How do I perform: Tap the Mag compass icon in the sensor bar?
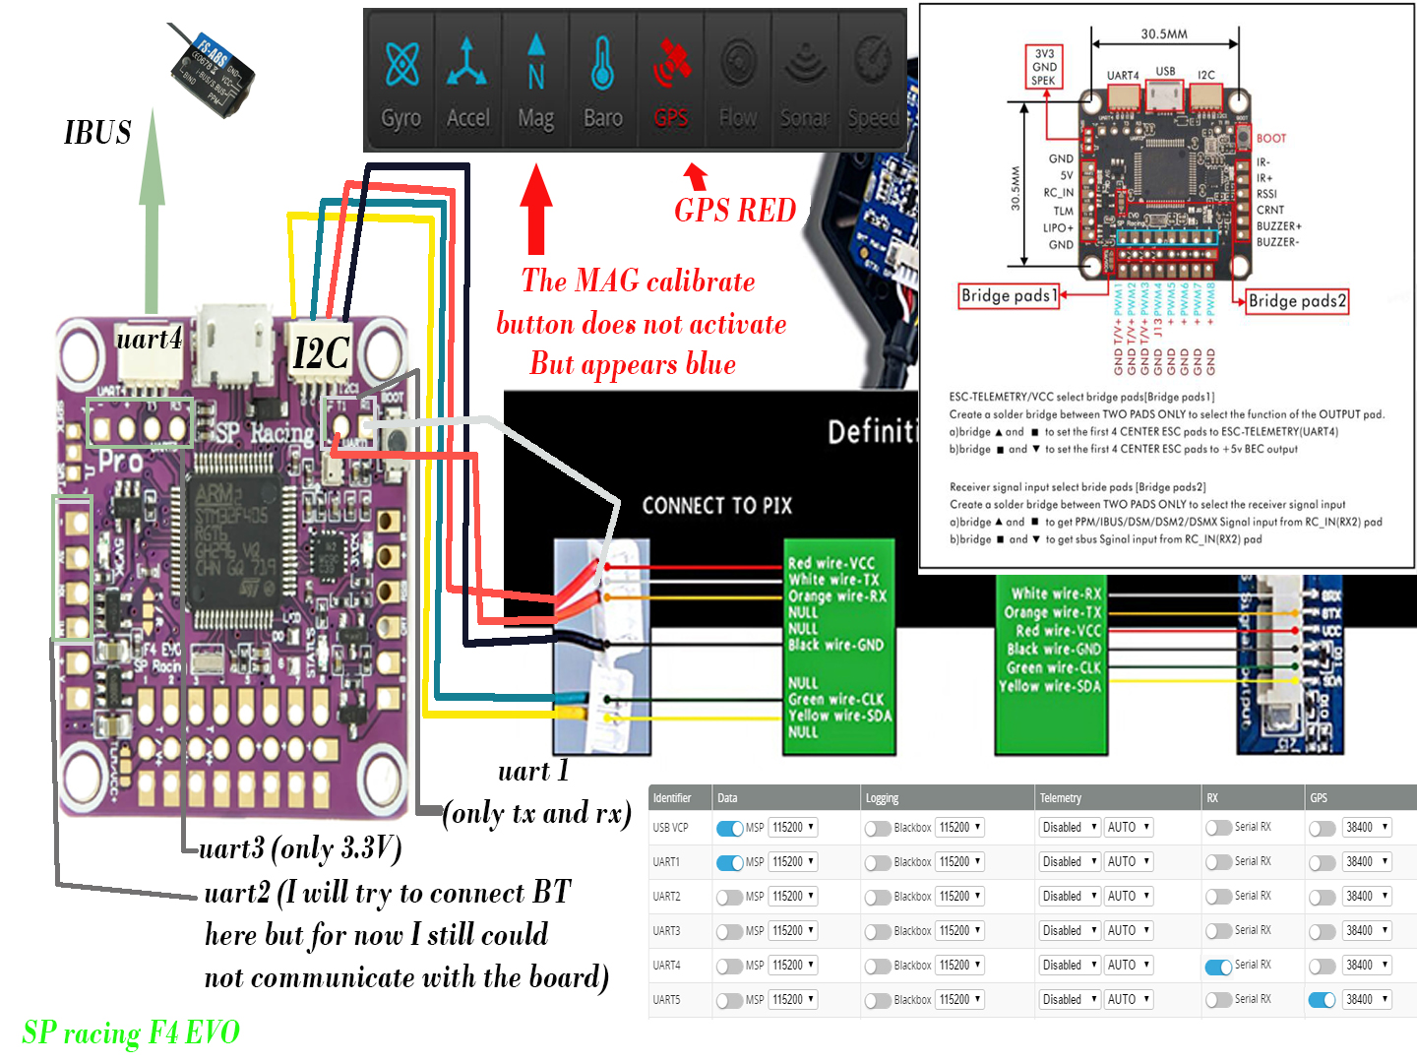click(535, 64)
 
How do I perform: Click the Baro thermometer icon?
click(602, 64)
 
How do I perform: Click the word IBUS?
click(97, 133)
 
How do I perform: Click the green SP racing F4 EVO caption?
click(131, 1032)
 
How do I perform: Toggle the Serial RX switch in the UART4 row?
click(1219, 966)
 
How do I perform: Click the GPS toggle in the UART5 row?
click(1322, 1000)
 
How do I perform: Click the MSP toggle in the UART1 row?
click(729, 862)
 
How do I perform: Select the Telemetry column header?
click(1060, 797)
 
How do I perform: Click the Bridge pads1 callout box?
click(1009, 295)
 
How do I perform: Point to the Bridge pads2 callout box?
click(1296, 300)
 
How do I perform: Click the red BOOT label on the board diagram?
click(1270, 139)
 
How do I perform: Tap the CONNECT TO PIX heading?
click(716, 506)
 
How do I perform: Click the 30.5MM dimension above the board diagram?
click(1164, 33)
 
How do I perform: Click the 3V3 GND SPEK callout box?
click(1044, 67)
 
